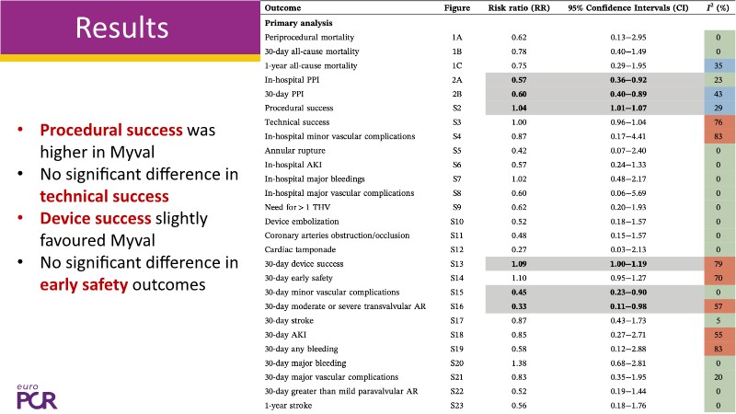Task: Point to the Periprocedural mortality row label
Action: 312,36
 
